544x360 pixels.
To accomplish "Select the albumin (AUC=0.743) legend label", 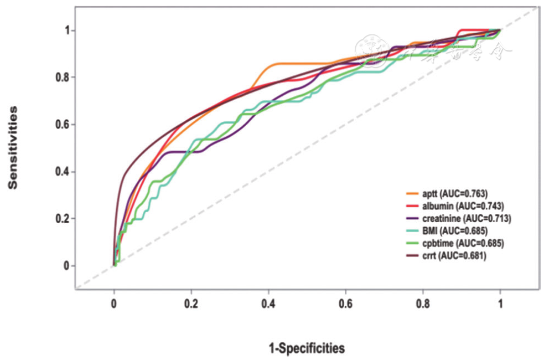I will (x=462, y=206).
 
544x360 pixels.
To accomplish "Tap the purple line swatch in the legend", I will (x=413, y=218).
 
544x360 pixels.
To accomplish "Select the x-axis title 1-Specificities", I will (x=307, y=348).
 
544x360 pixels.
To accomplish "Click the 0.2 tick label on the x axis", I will (x=191, y=304).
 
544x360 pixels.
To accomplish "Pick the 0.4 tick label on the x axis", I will (x=268, y=304).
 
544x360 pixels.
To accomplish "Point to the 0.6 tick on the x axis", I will (x=346, y=304).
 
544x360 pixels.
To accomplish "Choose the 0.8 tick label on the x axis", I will (x=423, y=304).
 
